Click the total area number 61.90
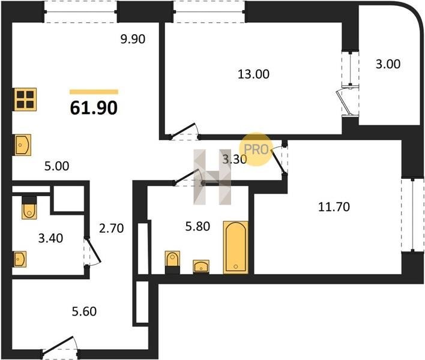[94, 108]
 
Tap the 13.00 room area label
[253, 74]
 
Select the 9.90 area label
[133, 39]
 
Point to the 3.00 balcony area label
[388, 64]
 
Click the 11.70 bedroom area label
[334, 207]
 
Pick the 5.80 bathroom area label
[197, 226]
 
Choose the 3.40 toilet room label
[50, 238]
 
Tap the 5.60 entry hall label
[84, 311]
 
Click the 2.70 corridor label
[112, 229]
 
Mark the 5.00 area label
[56, 166]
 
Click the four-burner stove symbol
[25, 100]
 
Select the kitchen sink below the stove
[23, 145]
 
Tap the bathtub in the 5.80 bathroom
[235, 247]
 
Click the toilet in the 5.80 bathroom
[172, 262]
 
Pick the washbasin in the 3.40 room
[20, 259]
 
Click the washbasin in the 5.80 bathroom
[201, 266]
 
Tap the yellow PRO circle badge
[255, 149]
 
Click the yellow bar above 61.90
[94, 92]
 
